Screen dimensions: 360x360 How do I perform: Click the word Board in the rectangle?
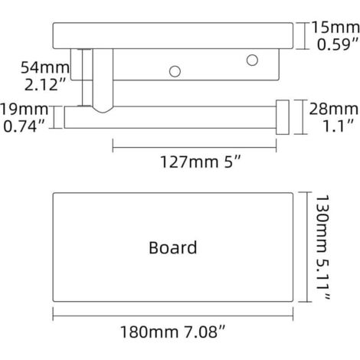173,247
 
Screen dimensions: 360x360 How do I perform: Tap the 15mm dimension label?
335,28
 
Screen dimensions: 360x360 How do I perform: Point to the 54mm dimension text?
45,67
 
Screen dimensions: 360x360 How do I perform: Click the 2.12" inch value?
45,84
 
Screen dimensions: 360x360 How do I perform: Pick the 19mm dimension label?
25,110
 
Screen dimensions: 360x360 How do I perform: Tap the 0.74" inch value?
25,126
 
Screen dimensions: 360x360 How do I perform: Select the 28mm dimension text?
334,109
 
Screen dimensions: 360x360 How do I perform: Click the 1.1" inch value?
339,126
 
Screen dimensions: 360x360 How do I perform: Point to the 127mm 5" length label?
201,162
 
